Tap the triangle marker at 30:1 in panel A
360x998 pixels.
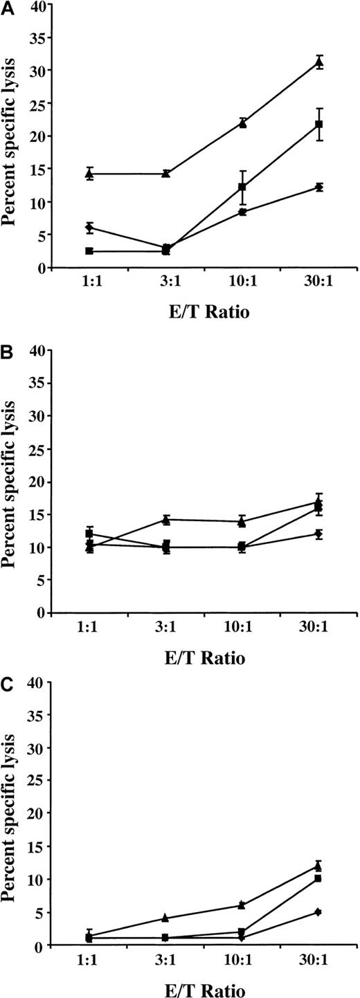click(x=319, y=62)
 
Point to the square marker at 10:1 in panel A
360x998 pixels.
click(x=242, y=187)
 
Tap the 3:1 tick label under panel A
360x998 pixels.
click(x=165, y=285)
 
